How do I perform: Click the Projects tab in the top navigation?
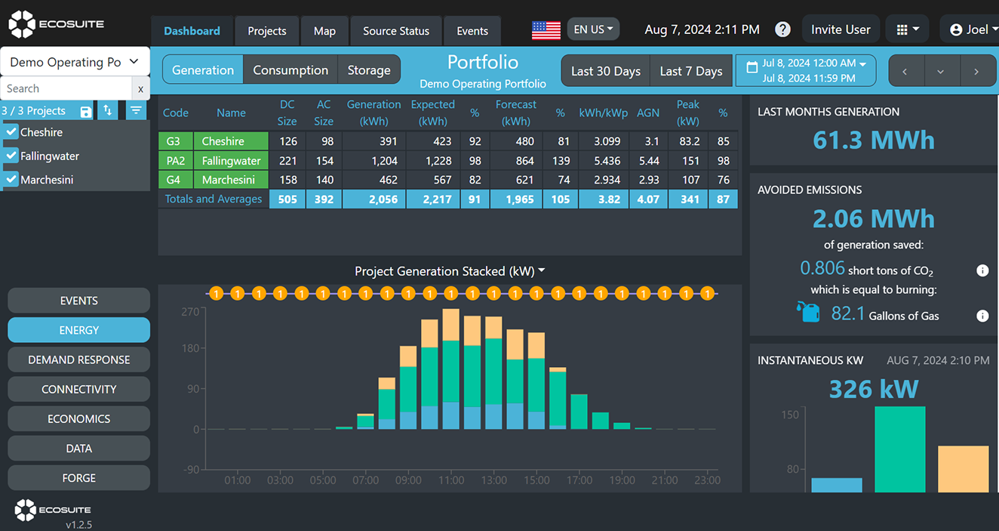click(x=267, y=31)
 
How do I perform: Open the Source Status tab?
click(x=395, y=31)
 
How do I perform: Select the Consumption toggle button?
click(x=290, y=70)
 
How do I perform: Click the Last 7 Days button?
click(x=690, y=71)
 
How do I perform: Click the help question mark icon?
click(x=783, y=29)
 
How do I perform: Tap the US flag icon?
click(x=546, y=30)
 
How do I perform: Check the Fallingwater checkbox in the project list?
click(x=11, y=156)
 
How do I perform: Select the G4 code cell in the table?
click(x=174, y=180)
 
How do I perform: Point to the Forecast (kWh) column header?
click(x=516, y=113)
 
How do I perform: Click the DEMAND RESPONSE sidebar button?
click(x=79, y=360)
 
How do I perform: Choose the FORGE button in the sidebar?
click(x=79, y=478)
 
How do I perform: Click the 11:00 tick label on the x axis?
click(x=451, y=480)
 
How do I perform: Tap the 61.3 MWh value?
click(x=873, y=140)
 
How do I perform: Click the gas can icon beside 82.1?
click(x=808, y=311)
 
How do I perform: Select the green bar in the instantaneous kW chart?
click(x=899, y=449)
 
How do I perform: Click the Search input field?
click(x=66, y=88)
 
